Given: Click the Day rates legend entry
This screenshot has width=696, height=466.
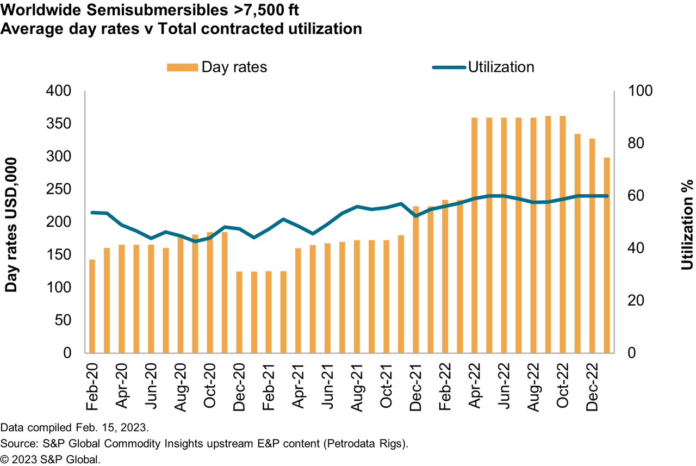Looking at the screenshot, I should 217,67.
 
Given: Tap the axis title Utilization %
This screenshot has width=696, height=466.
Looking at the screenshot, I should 687,224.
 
